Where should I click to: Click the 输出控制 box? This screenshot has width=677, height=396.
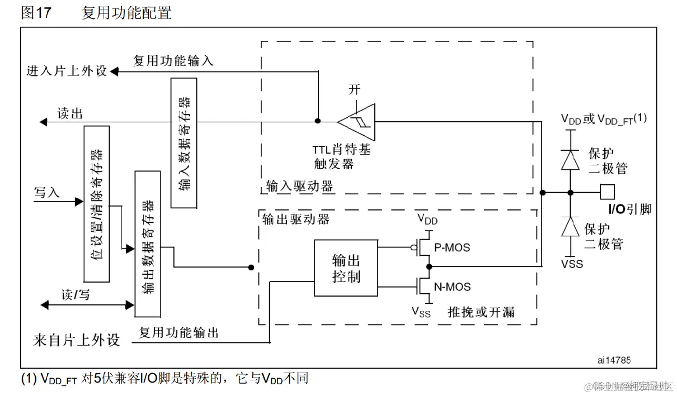coord(346,268)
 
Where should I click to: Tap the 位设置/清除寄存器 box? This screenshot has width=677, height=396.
coord(96,203)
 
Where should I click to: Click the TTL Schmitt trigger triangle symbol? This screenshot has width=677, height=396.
coord(359,120)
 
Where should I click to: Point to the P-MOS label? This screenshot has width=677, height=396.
coord(452,247)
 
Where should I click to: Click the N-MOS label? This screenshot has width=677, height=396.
coord(452,287)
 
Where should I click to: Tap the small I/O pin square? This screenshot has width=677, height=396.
coord(607,192)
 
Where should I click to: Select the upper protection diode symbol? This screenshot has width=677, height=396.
coord(570,160)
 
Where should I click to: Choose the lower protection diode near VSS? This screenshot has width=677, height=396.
coord(570,227)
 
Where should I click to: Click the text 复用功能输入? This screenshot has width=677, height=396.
coord(173,60)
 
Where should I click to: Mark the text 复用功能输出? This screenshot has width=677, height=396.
coord(178,333)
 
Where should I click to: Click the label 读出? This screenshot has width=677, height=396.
coord(70,113)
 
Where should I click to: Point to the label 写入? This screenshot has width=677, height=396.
coord(46,193)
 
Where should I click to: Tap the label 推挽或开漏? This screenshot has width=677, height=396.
coord(481,312)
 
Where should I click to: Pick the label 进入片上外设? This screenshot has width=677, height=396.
coord(67,71)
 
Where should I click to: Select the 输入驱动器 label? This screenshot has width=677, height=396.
coord(299,186)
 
